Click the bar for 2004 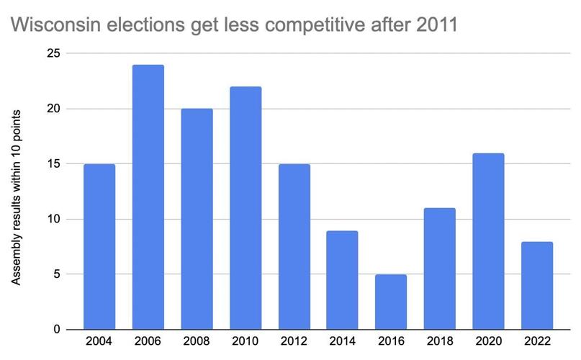tap(99, 246)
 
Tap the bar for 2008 tap(197, 219)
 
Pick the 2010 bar tap(246, 208)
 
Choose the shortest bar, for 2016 tap(392, 302)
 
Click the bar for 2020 tap(489, 241)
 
